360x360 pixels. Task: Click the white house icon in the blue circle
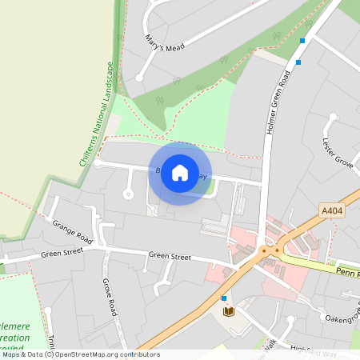tap(180, 173)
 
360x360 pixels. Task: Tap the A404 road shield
tap(330, 210)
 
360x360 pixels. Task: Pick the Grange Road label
tap(72, 231)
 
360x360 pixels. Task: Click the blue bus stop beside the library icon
tap(224, 298)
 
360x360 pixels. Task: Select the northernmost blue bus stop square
tap(302, 40)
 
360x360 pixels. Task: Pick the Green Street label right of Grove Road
tap(170, 257)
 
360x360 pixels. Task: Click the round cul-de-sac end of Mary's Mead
tap(139, 77)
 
